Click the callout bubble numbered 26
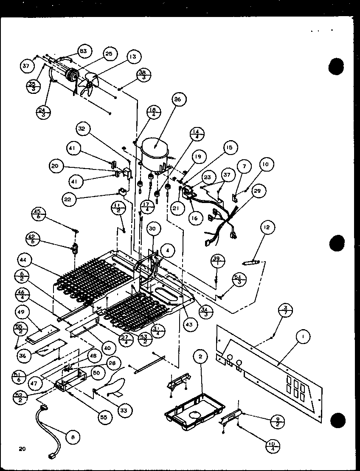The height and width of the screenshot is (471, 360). click(x=177, y=100)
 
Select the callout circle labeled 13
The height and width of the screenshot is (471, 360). click(x=133, y=56)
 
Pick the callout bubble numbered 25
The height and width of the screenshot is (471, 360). click(x=109, y=54)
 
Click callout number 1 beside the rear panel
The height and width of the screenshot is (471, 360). click(x=303, y=337)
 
